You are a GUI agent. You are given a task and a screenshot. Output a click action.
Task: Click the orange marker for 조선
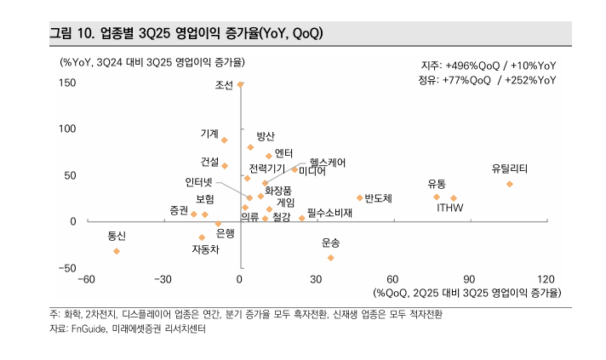click(241, 84)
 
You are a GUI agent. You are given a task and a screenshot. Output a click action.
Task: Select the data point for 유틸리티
click(510, 184)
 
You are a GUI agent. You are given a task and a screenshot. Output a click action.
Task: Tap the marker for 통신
click(117, 251)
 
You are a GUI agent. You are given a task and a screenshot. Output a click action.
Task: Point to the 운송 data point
click(331, 258)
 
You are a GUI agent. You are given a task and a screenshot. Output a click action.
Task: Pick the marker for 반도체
click(360, 197)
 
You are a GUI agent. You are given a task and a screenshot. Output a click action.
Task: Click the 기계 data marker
click(225, 140)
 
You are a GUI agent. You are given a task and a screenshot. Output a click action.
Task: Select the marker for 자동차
click(202, 237)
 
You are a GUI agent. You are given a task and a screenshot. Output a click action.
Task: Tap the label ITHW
click(450, 209)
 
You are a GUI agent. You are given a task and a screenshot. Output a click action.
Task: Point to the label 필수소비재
click(329, 212)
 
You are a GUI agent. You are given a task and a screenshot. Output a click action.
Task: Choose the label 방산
click(266, 136)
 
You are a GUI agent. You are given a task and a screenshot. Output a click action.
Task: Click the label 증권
click(179, 209)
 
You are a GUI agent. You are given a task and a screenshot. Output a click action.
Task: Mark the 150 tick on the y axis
click(67, 83)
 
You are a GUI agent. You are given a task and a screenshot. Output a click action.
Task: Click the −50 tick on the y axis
click(66, 268)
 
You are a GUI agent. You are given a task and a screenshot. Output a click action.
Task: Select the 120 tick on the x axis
click(546, 279)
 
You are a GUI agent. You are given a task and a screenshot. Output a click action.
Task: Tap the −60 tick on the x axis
click(86, 279)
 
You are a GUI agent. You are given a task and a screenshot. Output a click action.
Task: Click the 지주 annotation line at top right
click(489, 66)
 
